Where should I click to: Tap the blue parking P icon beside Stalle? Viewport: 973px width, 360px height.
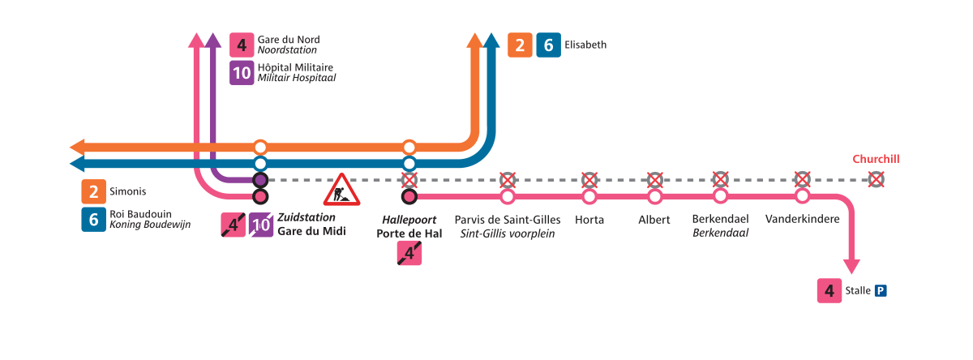tap(880, 290)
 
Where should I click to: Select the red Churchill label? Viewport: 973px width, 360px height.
tap(876, 160)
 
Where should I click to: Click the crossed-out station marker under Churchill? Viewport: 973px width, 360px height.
tap(876, 179)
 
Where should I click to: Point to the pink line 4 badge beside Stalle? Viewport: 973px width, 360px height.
tap(829, 290)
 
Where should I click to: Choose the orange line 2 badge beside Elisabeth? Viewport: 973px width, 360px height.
tap(521, 45)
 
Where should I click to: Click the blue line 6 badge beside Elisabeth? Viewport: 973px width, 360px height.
tap(548, 45)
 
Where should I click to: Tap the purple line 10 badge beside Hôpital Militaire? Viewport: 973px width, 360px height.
tap(242, 73)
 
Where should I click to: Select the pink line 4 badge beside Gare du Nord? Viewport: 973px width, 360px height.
tap(242, 45)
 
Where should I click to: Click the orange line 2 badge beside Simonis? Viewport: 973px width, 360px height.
tap(93, 192)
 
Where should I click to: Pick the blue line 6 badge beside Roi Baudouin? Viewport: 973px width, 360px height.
tap(93, 220)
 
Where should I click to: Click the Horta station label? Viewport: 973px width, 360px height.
tap(589, 220)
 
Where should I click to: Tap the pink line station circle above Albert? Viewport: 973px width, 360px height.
tap(654, 196)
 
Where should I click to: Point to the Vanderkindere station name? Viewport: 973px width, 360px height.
tap(802, 220)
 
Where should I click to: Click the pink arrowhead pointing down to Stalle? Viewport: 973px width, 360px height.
tap(851, 265)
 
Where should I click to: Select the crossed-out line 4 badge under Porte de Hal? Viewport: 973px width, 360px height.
tap(409, 254)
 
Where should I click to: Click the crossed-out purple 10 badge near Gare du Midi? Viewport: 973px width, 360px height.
tap(261, 225)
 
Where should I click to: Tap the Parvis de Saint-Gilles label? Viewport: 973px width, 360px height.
tap(508, 220)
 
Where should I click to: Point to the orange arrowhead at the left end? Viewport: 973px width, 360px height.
tap(78, 148)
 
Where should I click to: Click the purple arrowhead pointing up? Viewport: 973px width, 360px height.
tap(212, 40)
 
